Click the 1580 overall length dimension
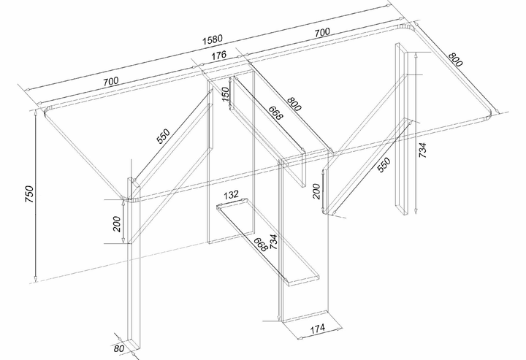pos(213,39)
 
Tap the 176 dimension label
pos(219,55)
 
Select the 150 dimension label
pos(226,94)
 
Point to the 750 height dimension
pos(29,194)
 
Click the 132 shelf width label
pos(231,194)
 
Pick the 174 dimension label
pos(317,329)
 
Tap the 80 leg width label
pos(119,348)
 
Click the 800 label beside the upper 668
pos(294,104)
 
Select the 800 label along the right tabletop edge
pos(455,59)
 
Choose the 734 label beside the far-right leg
pos(422,150)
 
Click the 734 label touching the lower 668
pos(273,242)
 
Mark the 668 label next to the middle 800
pos(275,112)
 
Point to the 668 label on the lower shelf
pos(260,245)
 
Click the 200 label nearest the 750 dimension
pos(117,224)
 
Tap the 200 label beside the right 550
pos(316,191)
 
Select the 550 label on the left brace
pos(164,137)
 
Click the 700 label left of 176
pos(111,82)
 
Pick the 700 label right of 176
pos(322,33)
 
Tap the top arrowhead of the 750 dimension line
pos(36,113)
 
